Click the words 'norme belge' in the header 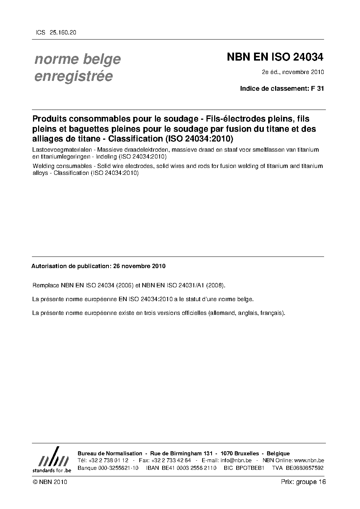[77, 59]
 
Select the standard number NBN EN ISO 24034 [275, 57]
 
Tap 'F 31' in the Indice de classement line [318, 88]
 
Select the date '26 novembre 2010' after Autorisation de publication [139, 266]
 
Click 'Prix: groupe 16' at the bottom [303, 482]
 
